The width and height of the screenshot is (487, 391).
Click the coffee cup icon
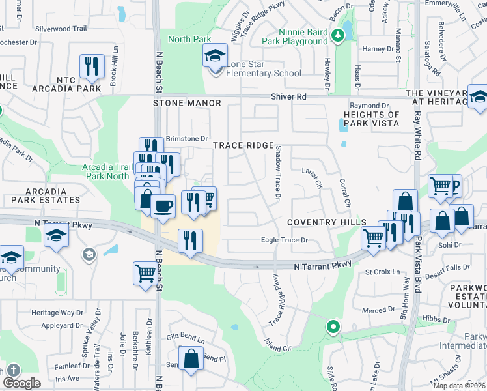tap(163, 207)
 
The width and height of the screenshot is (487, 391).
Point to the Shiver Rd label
tap(289, 96)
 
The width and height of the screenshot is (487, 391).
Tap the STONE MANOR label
tap(187, 103)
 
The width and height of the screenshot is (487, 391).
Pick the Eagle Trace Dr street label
tap(284, 240)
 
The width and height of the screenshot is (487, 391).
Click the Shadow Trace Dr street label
tap(277, 173)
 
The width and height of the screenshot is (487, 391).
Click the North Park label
tap(188, 39)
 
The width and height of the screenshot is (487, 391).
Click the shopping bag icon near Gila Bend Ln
tap(191, 359)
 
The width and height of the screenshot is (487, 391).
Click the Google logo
tap(21, 383)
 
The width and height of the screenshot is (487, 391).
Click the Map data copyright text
tap(458, 386)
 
